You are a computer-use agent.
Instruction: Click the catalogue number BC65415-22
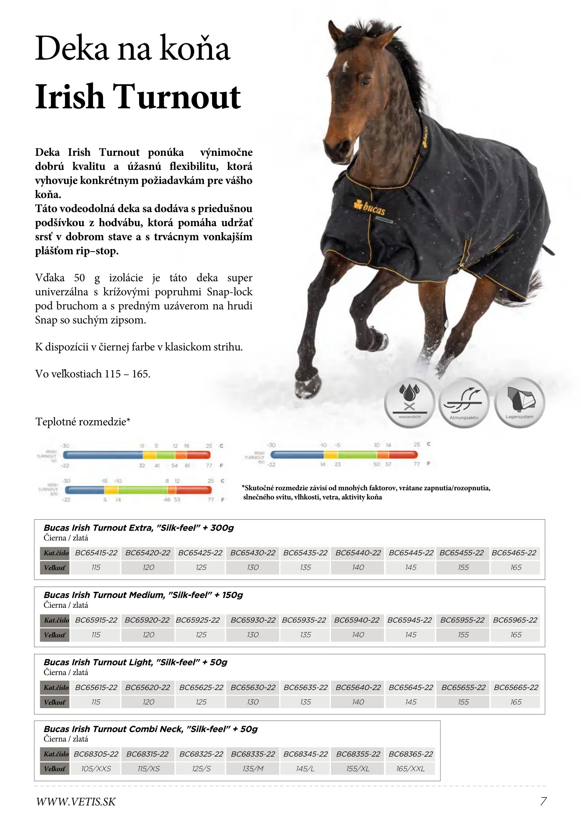tap(96, 553)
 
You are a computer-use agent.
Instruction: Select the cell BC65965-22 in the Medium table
tap(515, 620)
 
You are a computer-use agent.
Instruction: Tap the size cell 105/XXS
tap(96, 769)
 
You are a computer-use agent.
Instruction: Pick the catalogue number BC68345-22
tap(306, 754)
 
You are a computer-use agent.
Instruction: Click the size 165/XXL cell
tap(410, 769)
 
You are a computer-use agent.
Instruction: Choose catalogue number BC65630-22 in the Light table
tap(253, 687)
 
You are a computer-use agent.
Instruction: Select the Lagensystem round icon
tap(519, 402)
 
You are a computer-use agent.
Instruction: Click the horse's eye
tap(366, 80)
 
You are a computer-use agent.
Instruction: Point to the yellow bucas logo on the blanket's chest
tap(370, 207)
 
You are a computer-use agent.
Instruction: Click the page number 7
tap(543, 802)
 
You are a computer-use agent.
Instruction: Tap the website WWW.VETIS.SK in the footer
tap(76, 802)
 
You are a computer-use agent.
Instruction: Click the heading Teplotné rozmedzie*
tap(83, 422)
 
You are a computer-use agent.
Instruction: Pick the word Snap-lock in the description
tap(230, 292)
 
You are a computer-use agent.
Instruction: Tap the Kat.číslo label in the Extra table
tap(56, 553)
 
